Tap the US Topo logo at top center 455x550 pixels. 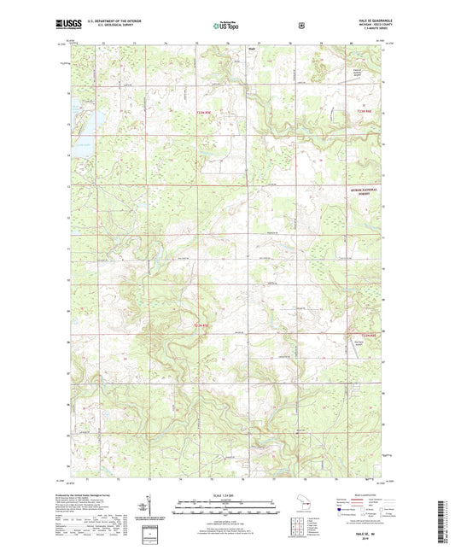pos(226,26)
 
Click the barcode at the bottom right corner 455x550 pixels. pos(440,521)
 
